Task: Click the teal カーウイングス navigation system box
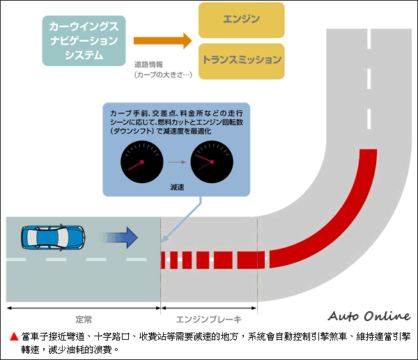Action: point(84,40)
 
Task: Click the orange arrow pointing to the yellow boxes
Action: point(162,40)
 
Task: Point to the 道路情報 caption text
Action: point(148,63)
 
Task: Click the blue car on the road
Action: point(52,237)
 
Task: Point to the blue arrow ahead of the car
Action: point(121,237)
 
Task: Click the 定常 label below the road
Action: point(83,320)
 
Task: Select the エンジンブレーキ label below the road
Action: point(208,320)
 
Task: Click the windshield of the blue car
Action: point(65,237)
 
